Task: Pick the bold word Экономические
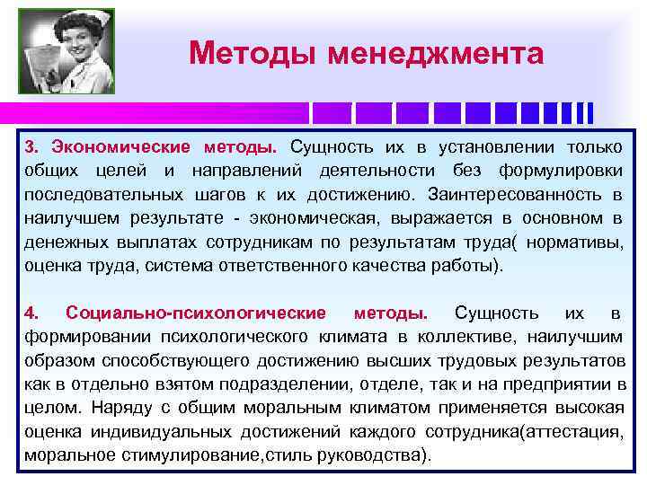pos(120,147)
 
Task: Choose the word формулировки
pos(567,171)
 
